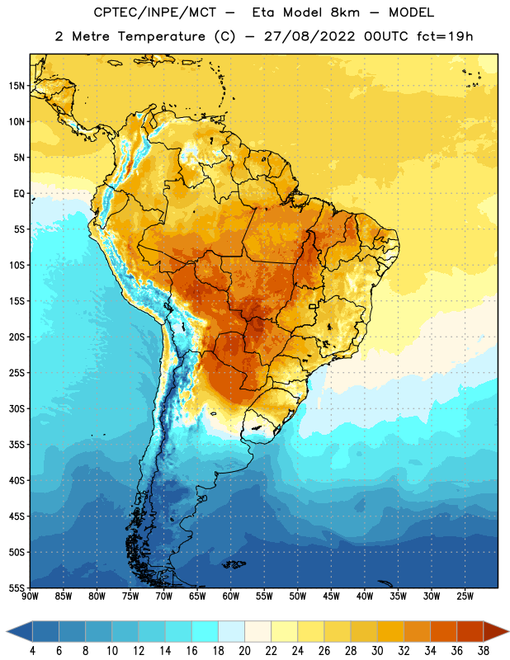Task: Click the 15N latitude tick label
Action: tap(17, 86)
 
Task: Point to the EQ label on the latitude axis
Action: tap(19, 194)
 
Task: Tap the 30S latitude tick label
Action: tap(17, 408)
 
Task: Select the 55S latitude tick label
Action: tap(17, 587)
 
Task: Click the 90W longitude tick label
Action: tap(30, 596)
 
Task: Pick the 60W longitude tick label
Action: tap(231, 596)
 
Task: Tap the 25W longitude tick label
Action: tap(465, 596)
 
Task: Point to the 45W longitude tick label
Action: tap(332, 596)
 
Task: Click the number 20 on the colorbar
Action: tap(244, 651)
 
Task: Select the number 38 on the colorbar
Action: tap(484, 651)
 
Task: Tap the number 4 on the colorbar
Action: tap(32, 651)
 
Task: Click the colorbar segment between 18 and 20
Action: tap(231, 631)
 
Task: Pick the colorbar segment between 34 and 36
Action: tap(443, 631)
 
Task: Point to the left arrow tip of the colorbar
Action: tap(7, 631)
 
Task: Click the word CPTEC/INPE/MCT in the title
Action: tap(154, 12)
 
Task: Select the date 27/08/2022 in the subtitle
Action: tap(309, 36)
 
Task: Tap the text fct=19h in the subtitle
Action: tap(445, 36)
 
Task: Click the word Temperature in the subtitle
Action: tap(161, 36)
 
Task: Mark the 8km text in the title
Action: tap(345, 12)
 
